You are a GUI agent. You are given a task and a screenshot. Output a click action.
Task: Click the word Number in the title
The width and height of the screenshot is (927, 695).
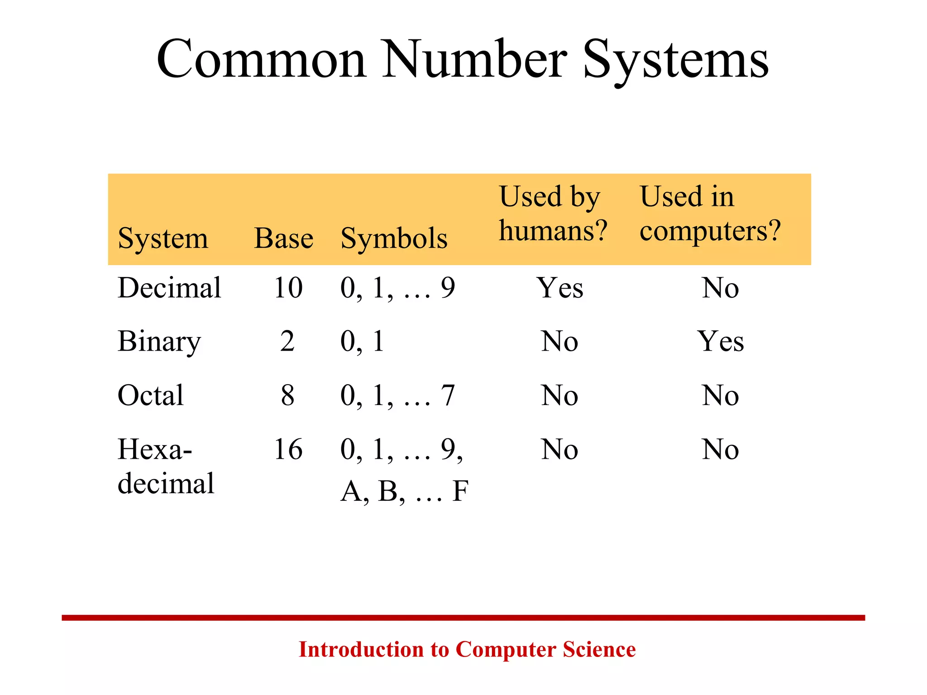[475, 59]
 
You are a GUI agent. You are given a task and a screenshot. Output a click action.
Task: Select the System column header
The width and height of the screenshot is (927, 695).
[163, 238]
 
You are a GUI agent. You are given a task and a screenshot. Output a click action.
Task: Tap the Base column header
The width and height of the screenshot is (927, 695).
[284, 238]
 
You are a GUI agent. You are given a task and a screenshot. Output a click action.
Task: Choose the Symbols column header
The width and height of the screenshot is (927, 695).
[394, 238]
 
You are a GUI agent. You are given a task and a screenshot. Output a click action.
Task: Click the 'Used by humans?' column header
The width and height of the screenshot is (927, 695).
[553, 214]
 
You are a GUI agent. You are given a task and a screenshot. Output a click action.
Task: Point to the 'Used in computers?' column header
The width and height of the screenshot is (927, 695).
[710, 214]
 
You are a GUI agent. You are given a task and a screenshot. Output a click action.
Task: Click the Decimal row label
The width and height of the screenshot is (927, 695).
[169, 288]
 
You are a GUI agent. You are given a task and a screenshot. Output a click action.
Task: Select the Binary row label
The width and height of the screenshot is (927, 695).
[159, 342]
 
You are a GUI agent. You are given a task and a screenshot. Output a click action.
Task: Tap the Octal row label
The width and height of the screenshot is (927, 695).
[151, 395]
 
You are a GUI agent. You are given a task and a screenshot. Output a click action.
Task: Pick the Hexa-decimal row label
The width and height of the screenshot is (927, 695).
[166, 466]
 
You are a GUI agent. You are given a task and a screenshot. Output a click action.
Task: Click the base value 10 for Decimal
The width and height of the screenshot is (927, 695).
[288, 288]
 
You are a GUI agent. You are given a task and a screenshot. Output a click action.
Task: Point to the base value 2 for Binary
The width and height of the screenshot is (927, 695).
[287, 342]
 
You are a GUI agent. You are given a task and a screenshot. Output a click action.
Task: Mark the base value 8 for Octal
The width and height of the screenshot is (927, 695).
[287, 395]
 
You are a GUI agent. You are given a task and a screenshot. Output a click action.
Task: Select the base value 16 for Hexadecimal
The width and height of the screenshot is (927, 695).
[288, 450]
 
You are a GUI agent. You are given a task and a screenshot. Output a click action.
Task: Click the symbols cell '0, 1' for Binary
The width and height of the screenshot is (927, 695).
[362, 342]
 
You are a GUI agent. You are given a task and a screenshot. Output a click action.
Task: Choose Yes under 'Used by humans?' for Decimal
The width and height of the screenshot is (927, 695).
[560, 288]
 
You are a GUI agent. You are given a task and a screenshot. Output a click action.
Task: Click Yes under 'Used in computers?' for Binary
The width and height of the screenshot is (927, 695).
[720, 342]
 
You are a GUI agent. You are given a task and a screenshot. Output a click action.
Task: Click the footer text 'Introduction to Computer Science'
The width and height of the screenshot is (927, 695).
[467, 649]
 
